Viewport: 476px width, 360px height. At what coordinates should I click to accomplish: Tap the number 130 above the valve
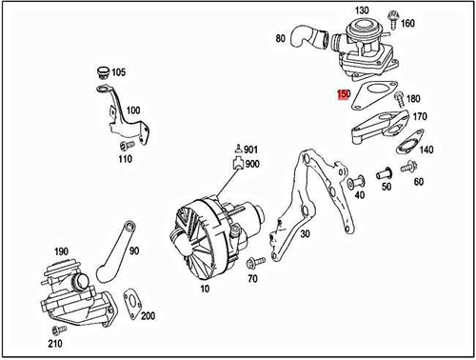pyautogui.click(x=362, y=10)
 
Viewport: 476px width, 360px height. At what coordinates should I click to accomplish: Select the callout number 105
pyautogui.click(x=118, y=72)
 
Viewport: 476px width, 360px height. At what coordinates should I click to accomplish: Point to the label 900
pyautogui.click(x=252, y=165)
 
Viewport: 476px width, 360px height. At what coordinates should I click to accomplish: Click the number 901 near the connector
pyautogui.click(x=251, y=150)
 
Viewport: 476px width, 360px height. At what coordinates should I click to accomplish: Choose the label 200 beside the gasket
pyautogui.click(x=148, y=314)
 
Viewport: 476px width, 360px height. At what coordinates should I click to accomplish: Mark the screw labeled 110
pyautogui.click(x=123, y=146)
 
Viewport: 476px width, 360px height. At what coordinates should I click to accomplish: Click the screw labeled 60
pyautogui.click(x=410, y=168)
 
